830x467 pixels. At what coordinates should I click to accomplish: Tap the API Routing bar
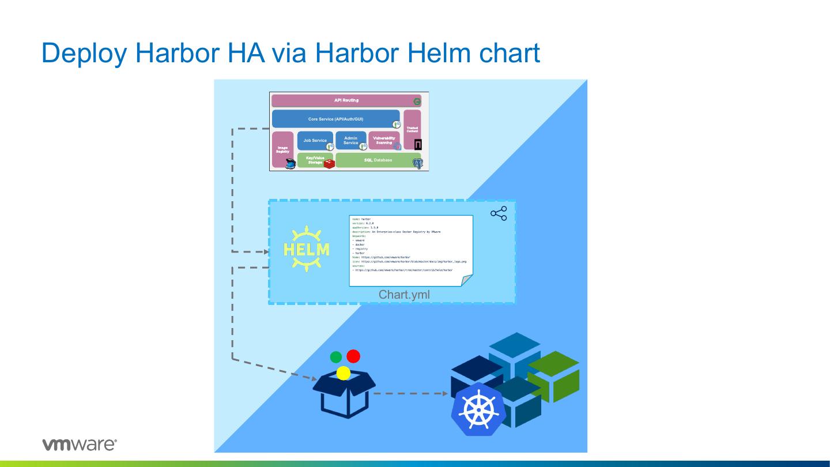click(346, 100)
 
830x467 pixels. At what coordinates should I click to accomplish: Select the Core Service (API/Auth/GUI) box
click(335, 119)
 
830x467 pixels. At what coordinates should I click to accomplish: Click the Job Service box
click(315, 140)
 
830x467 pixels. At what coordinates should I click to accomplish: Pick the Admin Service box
click(350, 140)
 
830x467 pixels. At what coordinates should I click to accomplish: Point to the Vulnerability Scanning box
click(383, 140)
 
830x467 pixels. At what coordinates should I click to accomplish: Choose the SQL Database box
click(378, 160)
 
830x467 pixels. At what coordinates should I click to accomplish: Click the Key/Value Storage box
click(315, 160)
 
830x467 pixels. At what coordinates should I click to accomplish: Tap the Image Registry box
click(282, 149)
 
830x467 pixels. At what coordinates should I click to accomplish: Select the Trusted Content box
click(412, 129)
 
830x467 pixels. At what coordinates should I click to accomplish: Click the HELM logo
click(307, 249)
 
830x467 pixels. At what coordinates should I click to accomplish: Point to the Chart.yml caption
click(404, 295)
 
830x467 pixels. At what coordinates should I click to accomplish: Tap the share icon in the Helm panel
click(499, 213)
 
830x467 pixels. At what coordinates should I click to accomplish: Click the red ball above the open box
click(353, 356)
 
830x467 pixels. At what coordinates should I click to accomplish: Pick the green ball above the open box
click(336, 357)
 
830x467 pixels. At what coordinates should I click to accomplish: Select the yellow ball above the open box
click(344, 373)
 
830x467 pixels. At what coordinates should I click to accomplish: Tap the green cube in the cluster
click(553, 376)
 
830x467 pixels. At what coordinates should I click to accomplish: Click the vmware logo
click(80, 445)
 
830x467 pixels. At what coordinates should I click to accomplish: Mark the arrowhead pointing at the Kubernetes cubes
click(446, 394)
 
